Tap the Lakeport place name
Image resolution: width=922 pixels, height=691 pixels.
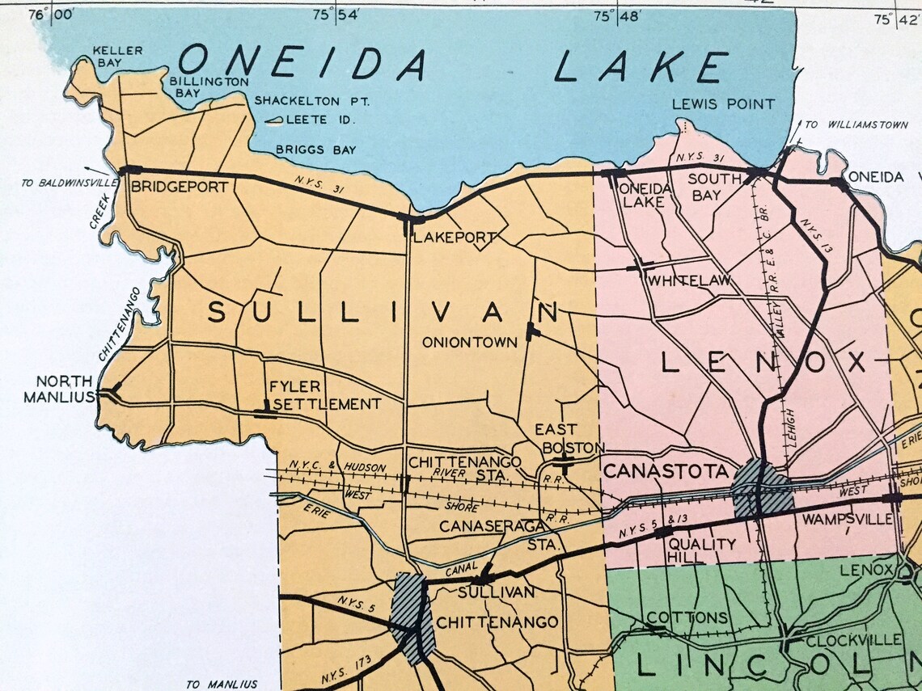454,238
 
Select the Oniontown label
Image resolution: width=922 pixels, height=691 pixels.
470,342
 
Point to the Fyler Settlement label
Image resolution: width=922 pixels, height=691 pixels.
324,395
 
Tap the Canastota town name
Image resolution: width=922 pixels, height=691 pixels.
666,470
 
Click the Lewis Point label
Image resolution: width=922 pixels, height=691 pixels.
723,103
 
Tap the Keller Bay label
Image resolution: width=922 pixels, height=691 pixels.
118,56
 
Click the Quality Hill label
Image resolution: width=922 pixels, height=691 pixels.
701,551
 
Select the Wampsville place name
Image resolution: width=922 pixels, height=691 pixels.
842,518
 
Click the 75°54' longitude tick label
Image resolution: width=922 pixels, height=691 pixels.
336,15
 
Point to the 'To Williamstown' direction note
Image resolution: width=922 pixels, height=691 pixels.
843,124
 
